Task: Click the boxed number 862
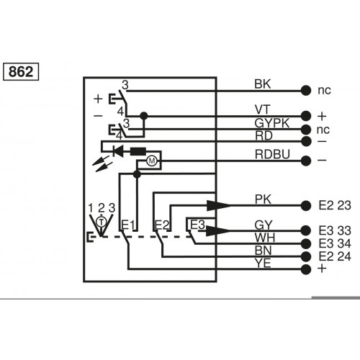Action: pyautogui.click(x=22, y=72)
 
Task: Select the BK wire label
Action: pyautogui.click(x=263, y=84)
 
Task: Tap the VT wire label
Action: pyautogui.click(x=262, y=109)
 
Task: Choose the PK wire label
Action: pyautogui.click(x=263, y=198)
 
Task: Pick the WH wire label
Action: pyautogui.click(x=264, y=236)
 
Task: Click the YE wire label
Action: pyautogui.click(x=263, y=262)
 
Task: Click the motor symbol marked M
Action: pyautogui.click(x=152, y=161)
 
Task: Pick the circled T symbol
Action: pyautogui.click(x=102, y=218)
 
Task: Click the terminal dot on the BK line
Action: pyautogui.click(x=307, y=91)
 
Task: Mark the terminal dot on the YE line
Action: pyautogui.click(x=307, y=269)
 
